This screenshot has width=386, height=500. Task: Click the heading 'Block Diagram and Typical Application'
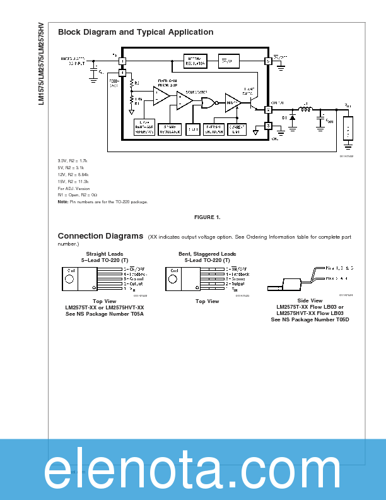[x=135, y=32]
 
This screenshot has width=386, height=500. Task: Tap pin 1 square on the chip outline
[x=122, y=61]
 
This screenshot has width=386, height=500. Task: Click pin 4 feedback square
[x=122, y=73]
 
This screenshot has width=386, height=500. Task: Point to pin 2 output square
[x=268, y=110]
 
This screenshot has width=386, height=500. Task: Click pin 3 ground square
[x=268, y=126]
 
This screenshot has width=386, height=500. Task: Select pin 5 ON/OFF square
[x=268, y=61]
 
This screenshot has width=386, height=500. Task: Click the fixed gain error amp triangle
[x=161, y=96]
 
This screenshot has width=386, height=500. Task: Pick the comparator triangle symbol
[x=184, y=100]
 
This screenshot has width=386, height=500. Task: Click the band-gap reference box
[x=144, y=126]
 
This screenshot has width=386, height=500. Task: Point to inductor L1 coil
[x=305, y=110]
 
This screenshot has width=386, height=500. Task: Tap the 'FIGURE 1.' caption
[x=207, y=217]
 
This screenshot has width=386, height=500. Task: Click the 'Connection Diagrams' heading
[x=100, y=236]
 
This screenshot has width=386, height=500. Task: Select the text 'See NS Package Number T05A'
[x=105, y=314]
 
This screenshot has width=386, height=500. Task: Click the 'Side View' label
[x=309, y=301]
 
